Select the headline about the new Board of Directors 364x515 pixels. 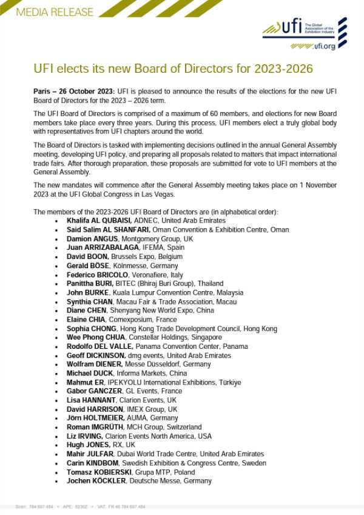(173, 69)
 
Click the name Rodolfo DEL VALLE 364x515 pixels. (99, 346)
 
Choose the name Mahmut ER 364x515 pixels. (85, 383)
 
